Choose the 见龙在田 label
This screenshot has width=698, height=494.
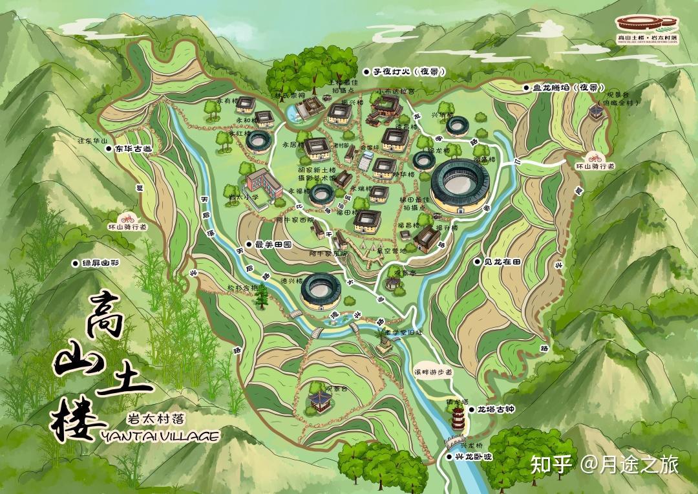click(x=506, y=262)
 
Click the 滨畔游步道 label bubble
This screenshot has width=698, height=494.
click(x=433, y=372)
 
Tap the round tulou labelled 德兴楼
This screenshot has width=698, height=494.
click(x=320, y=291)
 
